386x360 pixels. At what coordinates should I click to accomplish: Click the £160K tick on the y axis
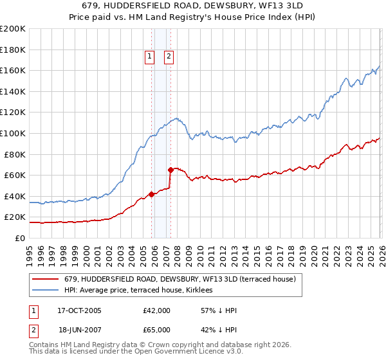coord(13,70)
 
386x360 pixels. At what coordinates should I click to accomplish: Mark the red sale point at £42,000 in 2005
coord(151,194)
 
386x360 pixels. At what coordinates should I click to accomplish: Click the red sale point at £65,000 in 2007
coord(170,170)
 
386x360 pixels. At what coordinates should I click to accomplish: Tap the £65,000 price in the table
coord(157,330)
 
